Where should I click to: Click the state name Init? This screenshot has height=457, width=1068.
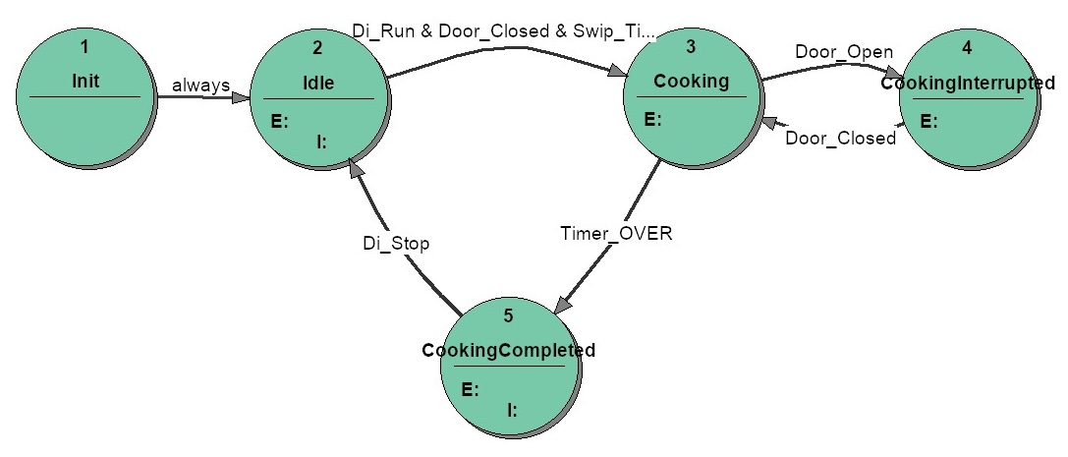[85, 81]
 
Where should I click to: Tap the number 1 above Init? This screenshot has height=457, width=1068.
[84, 47]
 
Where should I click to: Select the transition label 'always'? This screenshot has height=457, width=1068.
[200, 86]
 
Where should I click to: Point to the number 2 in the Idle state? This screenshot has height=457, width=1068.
[318, 48]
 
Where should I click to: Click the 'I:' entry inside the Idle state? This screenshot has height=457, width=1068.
[322, 143]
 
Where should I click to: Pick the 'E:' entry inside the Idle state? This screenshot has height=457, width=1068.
[280, 123]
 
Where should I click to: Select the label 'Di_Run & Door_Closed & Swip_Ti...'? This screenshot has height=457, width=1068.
[504, 30]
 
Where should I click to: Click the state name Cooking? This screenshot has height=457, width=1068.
[692, 81]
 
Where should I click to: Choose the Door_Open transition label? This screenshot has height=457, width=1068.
[844, 52]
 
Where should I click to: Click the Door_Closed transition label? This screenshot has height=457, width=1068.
[840, 139]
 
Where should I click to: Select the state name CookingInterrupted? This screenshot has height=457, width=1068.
[968, 84]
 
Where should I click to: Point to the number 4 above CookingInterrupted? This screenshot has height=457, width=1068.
[968, 49]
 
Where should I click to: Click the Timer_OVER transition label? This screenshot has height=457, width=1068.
[616, 234]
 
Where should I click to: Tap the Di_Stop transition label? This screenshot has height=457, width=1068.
[396, 244]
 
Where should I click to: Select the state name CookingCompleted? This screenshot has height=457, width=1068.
[509, 350]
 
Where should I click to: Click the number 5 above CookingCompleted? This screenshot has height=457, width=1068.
[509, 316]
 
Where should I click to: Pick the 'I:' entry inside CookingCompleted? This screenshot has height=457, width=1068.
[512, 410]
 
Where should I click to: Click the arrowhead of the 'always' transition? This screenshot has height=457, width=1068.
[241, 98]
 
